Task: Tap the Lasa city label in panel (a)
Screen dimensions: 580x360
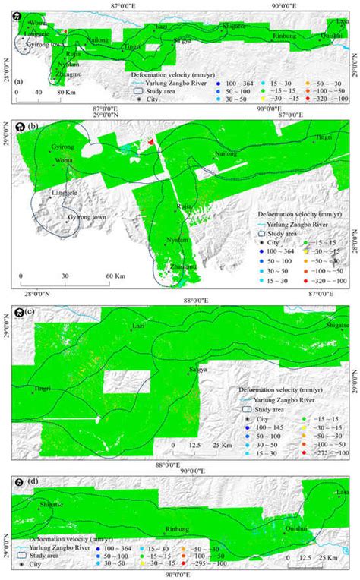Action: pyautogui.click(x=344, y=23)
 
